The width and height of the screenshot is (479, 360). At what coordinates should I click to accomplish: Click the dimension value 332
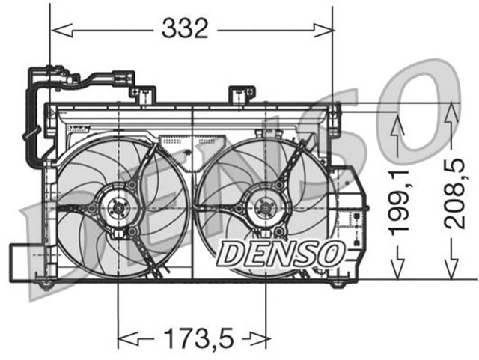pos(184,28)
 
